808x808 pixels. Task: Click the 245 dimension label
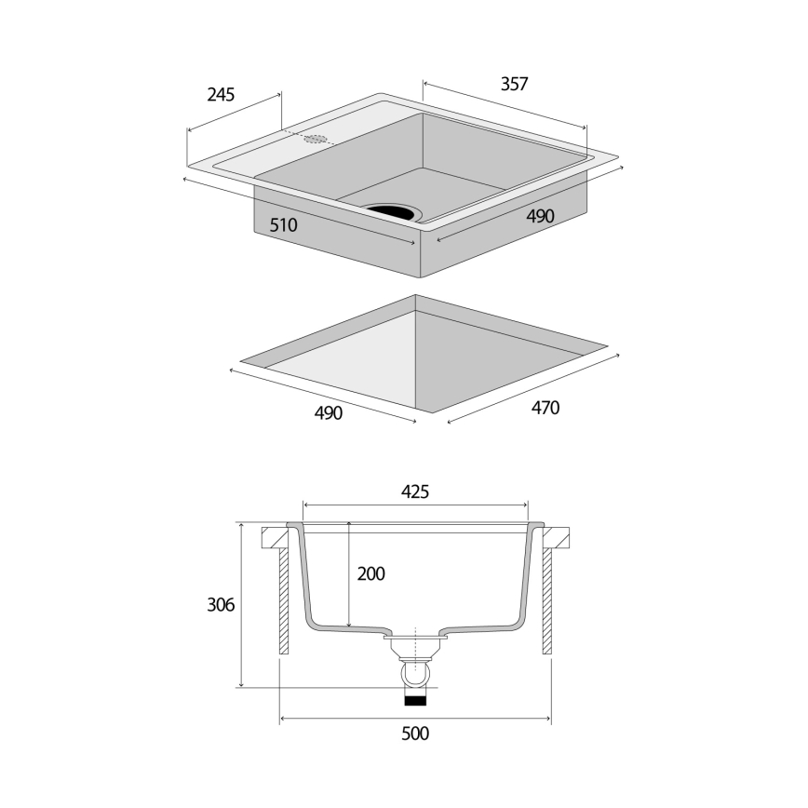[221, 94]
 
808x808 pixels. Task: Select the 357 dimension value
[514, 84]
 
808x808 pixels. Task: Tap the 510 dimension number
[283, 225]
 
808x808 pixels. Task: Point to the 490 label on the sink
[540, 216]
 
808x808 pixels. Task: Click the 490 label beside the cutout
[329, 413]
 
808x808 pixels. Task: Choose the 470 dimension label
[545, 408]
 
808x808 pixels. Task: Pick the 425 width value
[415, 492]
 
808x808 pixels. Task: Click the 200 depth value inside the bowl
[370, 574]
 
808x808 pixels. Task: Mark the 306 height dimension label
[220, 605]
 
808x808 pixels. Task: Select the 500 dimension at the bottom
[415, 734]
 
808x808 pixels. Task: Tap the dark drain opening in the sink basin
[393, 211]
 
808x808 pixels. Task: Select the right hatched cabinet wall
[547, 601]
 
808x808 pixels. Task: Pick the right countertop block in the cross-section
[555, 537]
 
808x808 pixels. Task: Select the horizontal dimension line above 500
[415, 718]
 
